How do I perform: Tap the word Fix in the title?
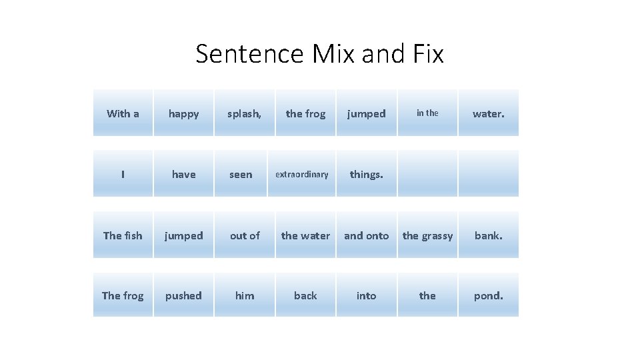(426, 54)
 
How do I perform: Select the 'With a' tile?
(123, 113)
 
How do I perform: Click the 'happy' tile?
(183, 113)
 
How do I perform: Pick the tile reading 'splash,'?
(245, 113)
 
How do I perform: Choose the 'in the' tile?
(427, 113)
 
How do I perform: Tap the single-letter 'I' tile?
(123, 174)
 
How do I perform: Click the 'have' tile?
(183, 174)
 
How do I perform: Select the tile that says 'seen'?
(241, 174)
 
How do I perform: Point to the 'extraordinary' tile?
(302, 174)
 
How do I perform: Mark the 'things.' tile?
(366, 174)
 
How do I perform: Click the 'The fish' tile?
(123, 235)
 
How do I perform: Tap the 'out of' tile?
(245, 235)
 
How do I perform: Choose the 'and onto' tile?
(366, 235)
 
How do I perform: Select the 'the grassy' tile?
(427, 235)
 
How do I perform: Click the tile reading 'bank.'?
(488, 235)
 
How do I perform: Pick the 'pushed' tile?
(183, 295)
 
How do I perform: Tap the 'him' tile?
(245, 295)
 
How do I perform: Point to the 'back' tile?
(305, 295)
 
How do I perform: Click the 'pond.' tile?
(488, 295)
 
